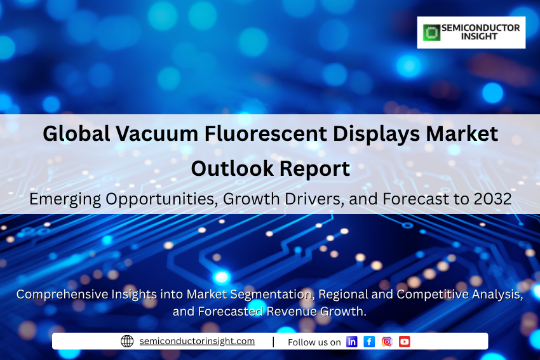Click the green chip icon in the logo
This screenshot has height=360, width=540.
[431, 32]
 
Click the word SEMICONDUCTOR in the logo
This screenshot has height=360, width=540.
[481, 28]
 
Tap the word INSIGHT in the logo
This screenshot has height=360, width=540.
[479, 36]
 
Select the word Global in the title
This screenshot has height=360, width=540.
[76, 133]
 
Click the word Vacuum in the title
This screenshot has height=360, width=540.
[157, 134]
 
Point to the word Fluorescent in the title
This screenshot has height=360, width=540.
[266, 134]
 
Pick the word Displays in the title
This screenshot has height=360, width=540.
[377, 135]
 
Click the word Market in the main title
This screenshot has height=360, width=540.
[462, 134]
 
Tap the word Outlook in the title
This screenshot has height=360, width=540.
[232, 169]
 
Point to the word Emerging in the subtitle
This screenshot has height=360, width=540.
[65, 199]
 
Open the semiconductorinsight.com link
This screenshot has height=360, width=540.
[197, 341]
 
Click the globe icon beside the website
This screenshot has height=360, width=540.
[127, 341]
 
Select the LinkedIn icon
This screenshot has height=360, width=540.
[351, 342]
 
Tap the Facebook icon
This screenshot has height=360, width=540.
[369, 342]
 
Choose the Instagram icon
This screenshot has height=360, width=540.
[387, 342]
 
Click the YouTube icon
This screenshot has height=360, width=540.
[404, 342]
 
